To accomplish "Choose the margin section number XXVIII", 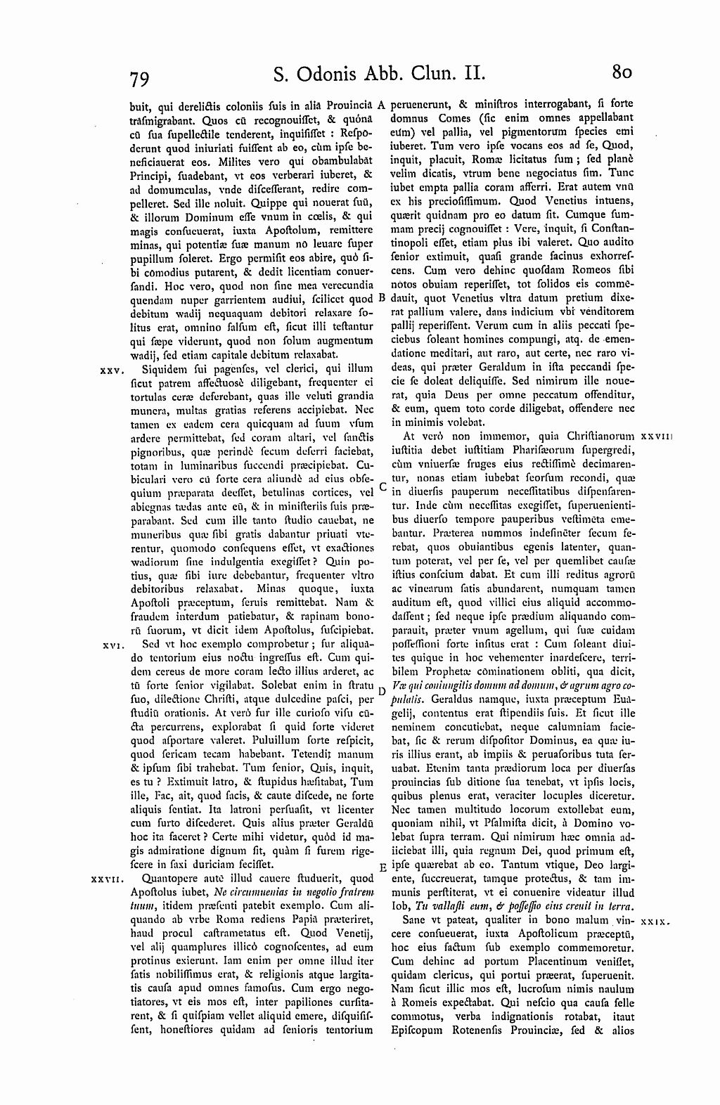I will (659, 437).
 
